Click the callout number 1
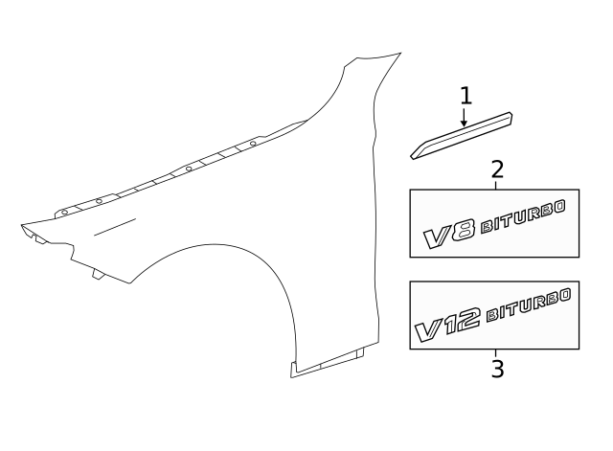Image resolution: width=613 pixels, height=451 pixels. pos(465,96)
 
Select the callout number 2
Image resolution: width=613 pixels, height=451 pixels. pos(497,170)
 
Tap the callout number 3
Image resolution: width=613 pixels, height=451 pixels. pos(497,369)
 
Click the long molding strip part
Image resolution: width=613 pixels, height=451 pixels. pos(465,133)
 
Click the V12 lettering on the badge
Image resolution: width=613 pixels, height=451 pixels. pos(449,324)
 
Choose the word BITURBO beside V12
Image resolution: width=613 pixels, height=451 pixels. pos(529,306)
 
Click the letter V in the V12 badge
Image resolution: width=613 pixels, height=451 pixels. pos(428,329)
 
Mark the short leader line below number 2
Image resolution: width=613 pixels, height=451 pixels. pos(497,185)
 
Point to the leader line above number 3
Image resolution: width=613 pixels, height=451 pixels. pos(497,353)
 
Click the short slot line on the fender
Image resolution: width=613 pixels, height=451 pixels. pos(115,226)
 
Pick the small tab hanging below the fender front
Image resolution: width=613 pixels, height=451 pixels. pos(98,276)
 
